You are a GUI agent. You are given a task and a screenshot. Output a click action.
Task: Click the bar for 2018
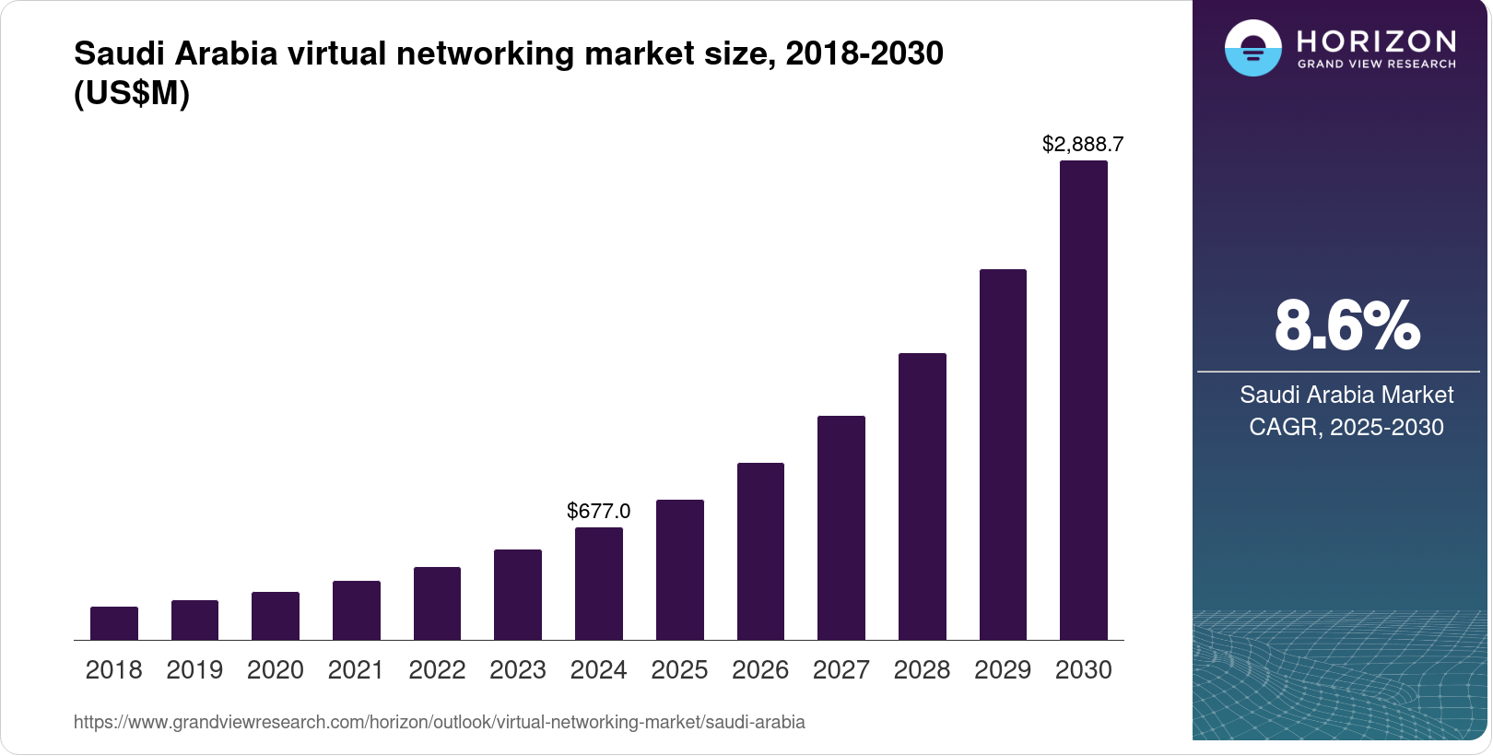(114, 623)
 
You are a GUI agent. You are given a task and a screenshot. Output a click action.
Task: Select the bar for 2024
(599, 584)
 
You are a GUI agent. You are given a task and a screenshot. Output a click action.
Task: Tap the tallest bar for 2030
(1084, 400)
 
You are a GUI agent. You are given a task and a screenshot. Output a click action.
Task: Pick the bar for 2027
(841, 527)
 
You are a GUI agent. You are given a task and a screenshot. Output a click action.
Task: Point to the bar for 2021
(357, 610)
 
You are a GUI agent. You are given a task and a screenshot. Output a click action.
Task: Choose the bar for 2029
(1003, 455)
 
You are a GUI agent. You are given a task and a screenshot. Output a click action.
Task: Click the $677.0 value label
(599, 511)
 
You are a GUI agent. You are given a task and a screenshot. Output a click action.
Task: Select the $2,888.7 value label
(1083, 144)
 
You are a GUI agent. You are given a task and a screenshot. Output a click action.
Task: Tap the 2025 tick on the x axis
(679, 669)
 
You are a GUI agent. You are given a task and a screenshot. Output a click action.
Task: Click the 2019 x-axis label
(194, 669)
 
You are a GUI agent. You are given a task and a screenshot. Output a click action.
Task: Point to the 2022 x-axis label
(437, 669)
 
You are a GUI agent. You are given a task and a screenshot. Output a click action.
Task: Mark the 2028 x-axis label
(922, 669)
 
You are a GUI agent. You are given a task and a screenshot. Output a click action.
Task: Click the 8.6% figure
(1346, 325)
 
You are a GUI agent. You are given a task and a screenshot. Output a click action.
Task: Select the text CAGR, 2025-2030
(1346, 427)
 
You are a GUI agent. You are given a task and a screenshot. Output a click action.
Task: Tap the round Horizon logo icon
(1252, 48)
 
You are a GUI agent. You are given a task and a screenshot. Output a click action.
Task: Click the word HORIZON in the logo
(1376, 41)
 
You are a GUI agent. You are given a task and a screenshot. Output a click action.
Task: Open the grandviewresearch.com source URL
(440, 722)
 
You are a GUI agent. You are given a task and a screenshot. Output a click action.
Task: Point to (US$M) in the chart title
(132, 94)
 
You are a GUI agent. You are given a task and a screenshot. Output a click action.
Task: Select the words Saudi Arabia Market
(1346, 395)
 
